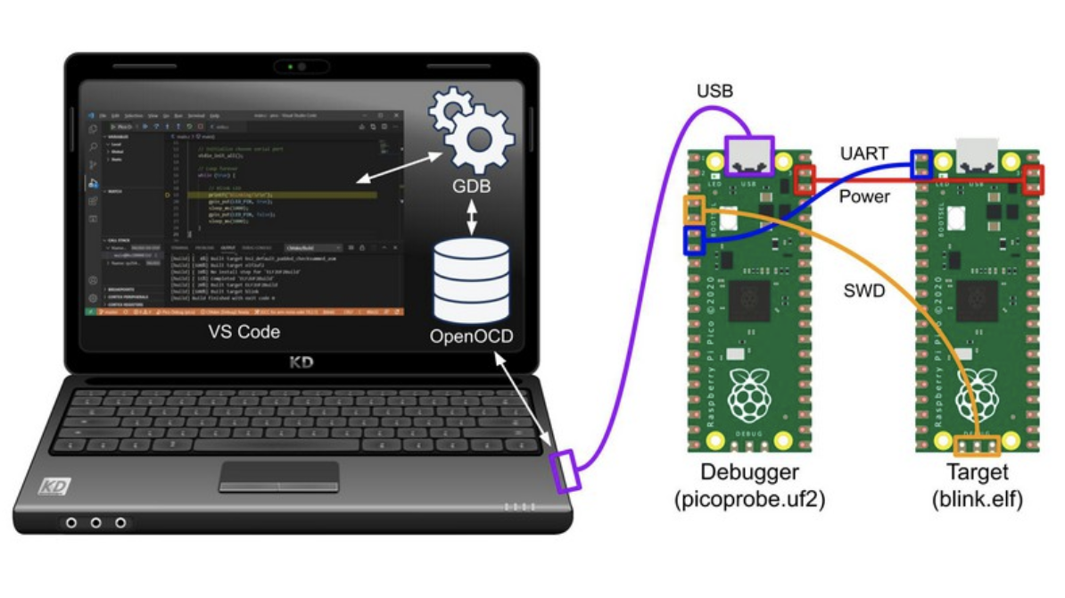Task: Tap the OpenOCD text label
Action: click(x=471, y=337)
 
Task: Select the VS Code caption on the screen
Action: click(x=244, y=332)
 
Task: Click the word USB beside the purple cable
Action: click(x=715, y=91)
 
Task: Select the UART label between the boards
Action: click(x=864, y=154)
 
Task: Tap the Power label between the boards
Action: click(x=864, y=195)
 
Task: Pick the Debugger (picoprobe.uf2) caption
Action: click(x=749, y=486)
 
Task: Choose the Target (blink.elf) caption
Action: click(x=977, y=486)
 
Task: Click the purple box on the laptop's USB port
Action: click(x=566, y=470)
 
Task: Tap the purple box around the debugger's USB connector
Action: click(x=749, y=155)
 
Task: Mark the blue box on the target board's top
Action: click(x=921, y=162)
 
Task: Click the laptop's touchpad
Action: click(x=279, y=476)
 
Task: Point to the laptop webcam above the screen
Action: click(x=301, y=67)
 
